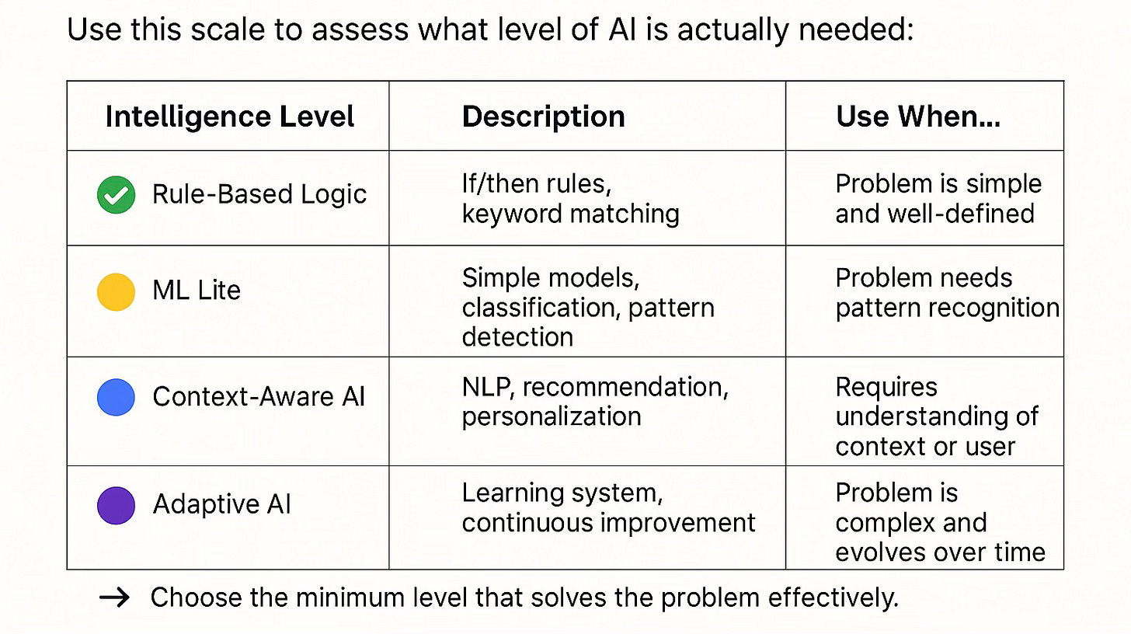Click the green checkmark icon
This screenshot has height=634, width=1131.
(116, 194)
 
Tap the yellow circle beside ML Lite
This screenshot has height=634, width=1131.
(116, 291)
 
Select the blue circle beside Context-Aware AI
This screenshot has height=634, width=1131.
(116, 397)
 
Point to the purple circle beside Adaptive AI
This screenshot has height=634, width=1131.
(116, 505)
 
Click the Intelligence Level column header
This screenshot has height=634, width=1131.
(230, 117)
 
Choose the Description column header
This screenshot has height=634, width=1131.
(543, 117)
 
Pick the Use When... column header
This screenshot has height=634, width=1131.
(917, 117)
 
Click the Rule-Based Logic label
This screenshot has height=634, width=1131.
(259, 194)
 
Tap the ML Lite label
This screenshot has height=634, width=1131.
(197, 291)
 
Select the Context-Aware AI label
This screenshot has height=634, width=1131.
(259, 397)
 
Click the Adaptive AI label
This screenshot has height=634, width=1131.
(221, 505)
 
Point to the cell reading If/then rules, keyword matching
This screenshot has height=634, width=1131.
(570, 199)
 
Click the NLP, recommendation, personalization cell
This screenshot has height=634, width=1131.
(595, 401)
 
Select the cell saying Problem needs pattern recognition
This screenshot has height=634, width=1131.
(947, 293)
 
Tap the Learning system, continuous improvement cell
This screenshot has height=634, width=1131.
(608, 508)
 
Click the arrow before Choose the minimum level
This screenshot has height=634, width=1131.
(115, 597)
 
